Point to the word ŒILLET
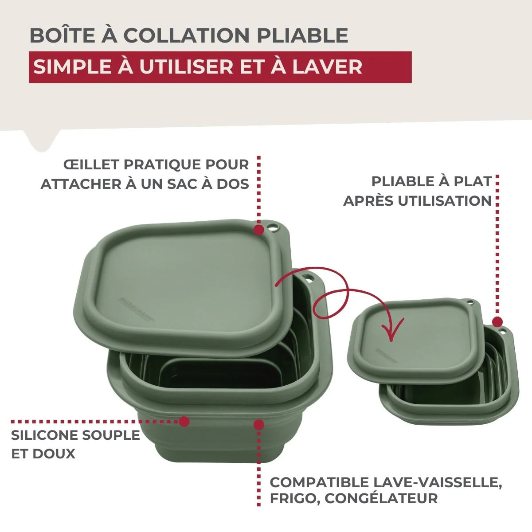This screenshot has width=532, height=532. click(91, 164)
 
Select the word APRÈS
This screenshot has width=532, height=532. click(368, 200)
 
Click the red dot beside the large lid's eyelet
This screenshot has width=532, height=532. click(258, 229)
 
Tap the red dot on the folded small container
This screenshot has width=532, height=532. click(497, 322)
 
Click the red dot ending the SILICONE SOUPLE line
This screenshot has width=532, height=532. click(184, 421)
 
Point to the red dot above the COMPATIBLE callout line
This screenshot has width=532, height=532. click(258, 424)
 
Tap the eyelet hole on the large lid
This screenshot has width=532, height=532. click(273, 229)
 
